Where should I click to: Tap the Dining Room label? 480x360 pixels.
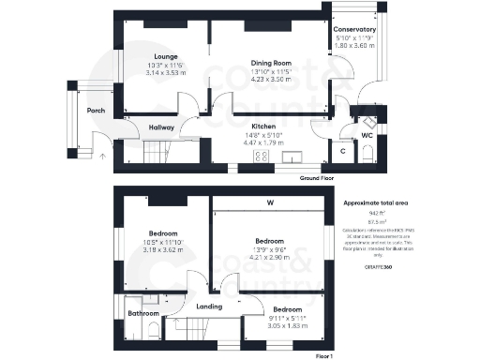point(270,64)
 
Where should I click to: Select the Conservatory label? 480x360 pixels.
point(354,30)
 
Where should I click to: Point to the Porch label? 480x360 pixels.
point(95,111)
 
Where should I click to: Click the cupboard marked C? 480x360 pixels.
point(342,150)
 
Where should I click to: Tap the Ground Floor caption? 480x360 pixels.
point(317,177)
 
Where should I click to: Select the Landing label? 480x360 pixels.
point(209,306)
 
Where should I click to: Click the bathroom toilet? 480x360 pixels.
point(153,329)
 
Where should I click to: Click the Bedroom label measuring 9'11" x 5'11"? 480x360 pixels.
point(287,309)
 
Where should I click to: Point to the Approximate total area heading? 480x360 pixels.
point(376,203)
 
